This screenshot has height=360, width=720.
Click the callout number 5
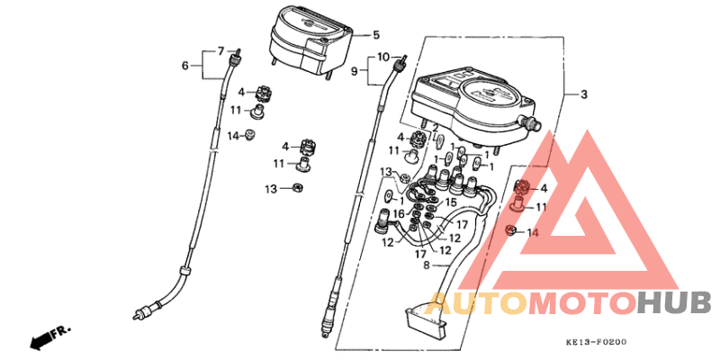pos(376,34)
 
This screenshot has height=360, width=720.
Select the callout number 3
pos(583,95)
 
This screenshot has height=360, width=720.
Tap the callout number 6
pos(184,66)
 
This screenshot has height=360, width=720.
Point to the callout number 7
pos(220,50)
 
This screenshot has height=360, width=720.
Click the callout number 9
pos(355,71)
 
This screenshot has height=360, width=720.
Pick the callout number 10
pos(383,58)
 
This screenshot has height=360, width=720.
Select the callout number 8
pos(426,265)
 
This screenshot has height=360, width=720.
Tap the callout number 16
pos(399,213)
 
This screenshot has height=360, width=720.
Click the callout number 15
pos(451,202)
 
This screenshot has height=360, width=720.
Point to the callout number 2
pos(435,128)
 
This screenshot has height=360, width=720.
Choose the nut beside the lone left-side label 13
pos(298,187)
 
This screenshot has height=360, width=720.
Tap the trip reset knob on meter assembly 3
pos(531,122)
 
